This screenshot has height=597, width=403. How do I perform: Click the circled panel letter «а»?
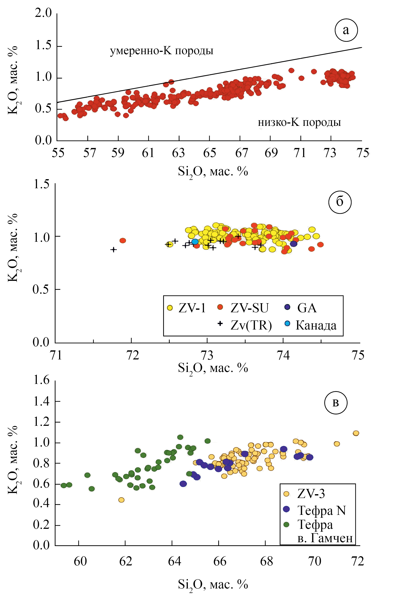pos(346,30)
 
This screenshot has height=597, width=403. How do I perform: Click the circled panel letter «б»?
pos(340,202)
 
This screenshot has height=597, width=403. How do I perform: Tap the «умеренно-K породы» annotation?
pos(162,51)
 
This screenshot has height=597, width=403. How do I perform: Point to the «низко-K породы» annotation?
pos(299,122)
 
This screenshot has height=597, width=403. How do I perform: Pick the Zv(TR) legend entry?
pos(245,325)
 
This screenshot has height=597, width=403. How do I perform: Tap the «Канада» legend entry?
pos(311,325)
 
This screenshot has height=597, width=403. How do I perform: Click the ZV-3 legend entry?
pos(304,493)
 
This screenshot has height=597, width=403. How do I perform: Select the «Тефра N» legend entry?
pos(315,510)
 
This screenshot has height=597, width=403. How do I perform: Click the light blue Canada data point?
pos(195,242)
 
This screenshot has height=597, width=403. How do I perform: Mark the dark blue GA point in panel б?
pos(294,244)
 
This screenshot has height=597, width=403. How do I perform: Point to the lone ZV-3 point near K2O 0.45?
pos(121,500)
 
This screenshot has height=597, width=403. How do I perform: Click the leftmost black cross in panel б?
pos(113,249)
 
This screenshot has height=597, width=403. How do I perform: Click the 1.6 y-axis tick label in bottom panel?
pos(42,380)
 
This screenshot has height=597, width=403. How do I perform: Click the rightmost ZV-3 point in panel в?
pos(356,433)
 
